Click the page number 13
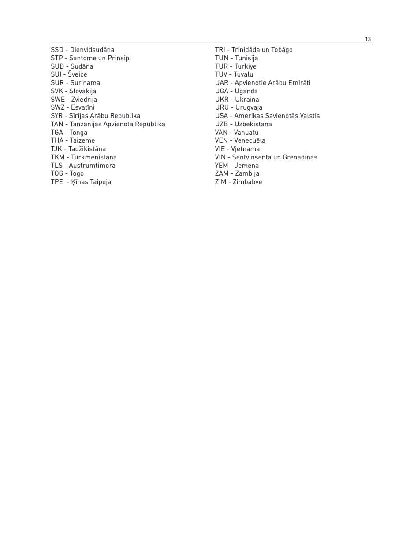point(368,39)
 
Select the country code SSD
point(57,50)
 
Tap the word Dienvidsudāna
point(92,50)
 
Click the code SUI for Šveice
point(56,74)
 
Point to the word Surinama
point(85,83)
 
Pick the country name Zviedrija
point(84,100)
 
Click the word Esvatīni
point(82,107)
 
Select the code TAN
point(57,124)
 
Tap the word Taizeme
point(82,140)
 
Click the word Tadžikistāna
point(87,149)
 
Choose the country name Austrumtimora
point(92,166)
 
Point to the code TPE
point(57,182)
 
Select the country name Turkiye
point(245,66)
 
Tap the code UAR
point(221,83)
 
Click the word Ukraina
point(247,100)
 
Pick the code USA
point(221,116)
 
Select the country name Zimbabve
point(247,182)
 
